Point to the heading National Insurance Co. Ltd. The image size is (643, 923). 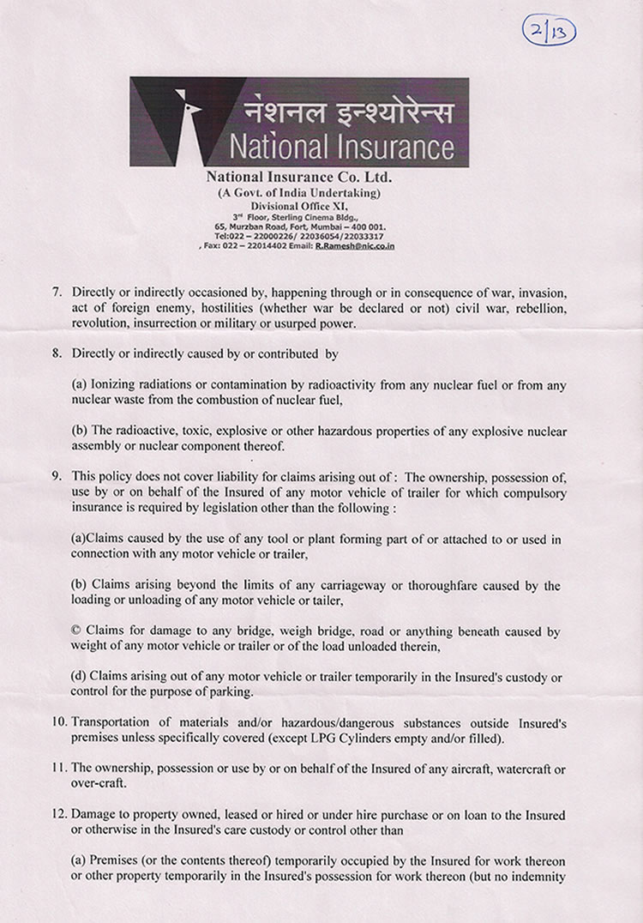pos(292,178)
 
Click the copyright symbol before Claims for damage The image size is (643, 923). pos(76,631)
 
